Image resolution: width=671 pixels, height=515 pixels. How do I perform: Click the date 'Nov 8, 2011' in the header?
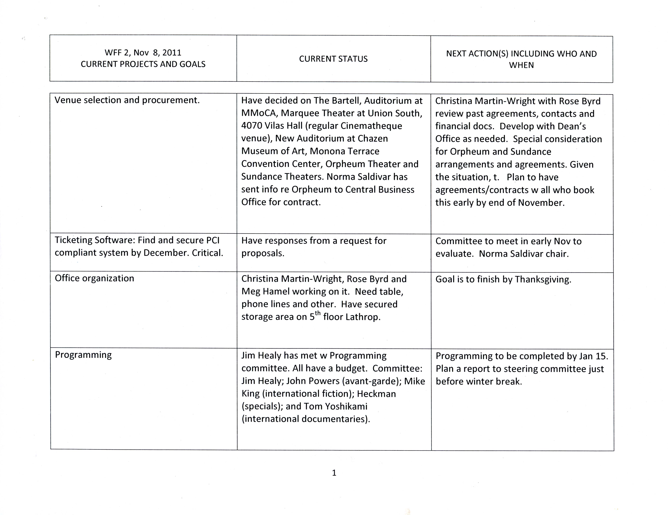coord(157,53)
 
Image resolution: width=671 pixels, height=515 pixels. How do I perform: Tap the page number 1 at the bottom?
coord(334,473)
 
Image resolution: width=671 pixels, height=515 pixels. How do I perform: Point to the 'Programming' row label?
coord(83,355)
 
